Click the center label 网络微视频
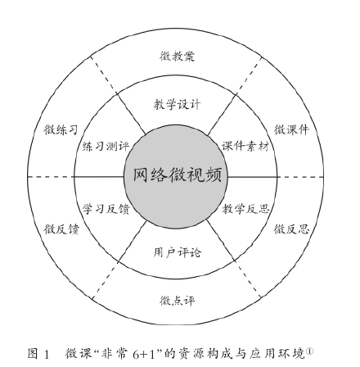click(x=178, y=174)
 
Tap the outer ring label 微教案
click(x=178, y=57)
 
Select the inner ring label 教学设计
click(x=178, y=104)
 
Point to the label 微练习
click(x=61, y=129)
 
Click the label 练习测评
click(x=106, y=147)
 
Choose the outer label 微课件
click(x=292, y=129)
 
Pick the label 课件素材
click(x=245, y=147)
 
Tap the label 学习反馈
click(x=106, y=209)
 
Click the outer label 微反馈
click(x=61, y=229)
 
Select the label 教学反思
click(x=245, y=209)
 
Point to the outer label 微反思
click(x=292, y=229)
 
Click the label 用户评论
click(x=178, y=252)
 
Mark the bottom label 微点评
click(x=178, y=301)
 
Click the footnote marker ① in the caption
click(x=310, y=351)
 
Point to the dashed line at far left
click(x=51, y=177)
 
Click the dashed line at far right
click(x=300, y=177)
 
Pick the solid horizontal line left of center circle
click(x=99, y=177)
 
